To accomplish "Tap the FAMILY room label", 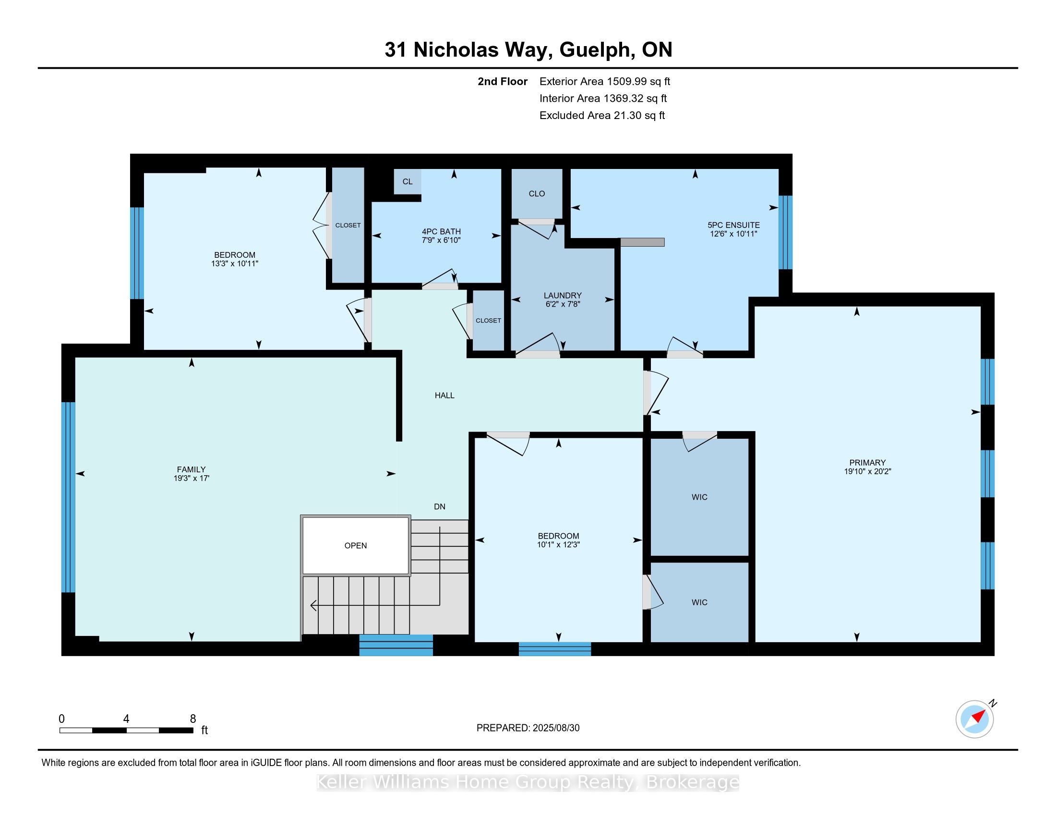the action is point(192,469).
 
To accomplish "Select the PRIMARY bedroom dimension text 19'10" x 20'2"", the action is point(867,471).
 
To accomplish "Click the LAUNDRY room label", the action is point(563,295).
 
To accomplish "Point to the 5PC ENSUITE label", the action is point(733,225).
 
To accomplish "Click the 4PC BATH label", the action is point(441,231).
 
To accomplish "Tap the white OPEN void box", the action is point(355,545).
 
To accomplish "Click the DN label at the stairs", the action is point(440,506).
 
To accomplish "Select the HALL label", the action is point(444,396).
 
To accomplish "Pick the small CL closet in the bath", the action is point(408,181).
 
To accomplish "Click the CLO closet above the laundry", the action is point(537,193).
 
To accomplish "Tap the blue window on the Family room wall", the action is point(69,497).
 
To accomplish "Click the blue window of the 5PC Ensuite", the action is point(785,232).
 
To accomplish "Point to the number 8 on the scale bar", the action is point(193,719).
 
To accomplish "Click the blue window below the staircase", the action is point(396,645).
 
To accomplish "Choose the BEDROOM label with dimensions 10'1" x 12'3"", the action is point(558,536).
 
